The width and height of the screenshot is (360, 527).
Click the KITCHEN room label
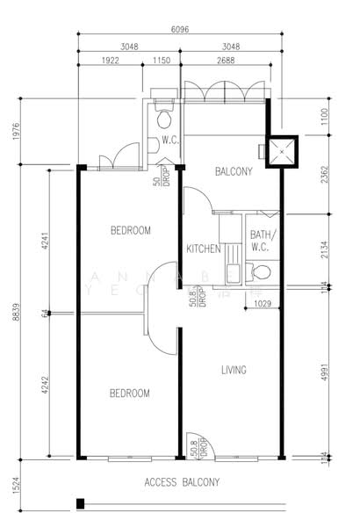pyautogui.click(x=203, y=249)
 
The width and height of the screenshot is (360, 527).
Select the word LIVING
pyautogui.click(x=234, y=370)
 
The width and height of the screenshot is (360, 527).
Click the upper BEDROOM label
pyautogui.click(x=130, y=231)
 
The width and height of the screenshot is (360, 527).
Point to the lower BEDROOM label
pyautogui.click(x=129, y=393)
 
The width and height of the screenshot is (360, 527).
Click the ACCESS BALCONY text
pyautogui.click(x=182, y=482)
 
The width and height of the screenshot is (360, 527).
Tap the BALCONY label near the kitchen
pyautogui.click(x=234, y=172)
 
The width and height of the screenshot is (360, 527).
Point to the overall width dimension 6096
pyautogui.click(x=179, y=29)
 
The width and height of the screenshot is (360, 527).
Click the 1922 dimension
pyautogui.click(x=110, y=61)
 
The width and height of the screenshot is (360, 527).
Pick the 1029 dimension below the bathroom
pyautogui.click(x=262, y=304)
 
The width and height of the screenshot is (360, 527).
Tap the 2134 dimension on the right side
pyautogui.click(x=325, y=249)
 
